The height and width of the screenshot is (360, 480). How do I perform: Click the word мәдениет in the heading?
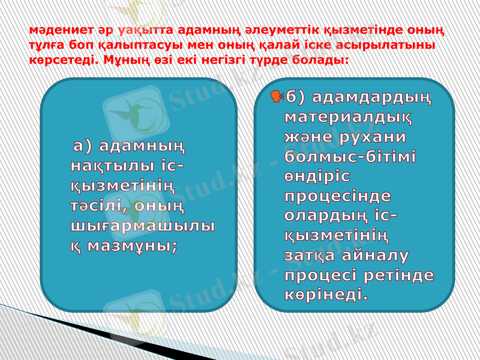55,30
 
